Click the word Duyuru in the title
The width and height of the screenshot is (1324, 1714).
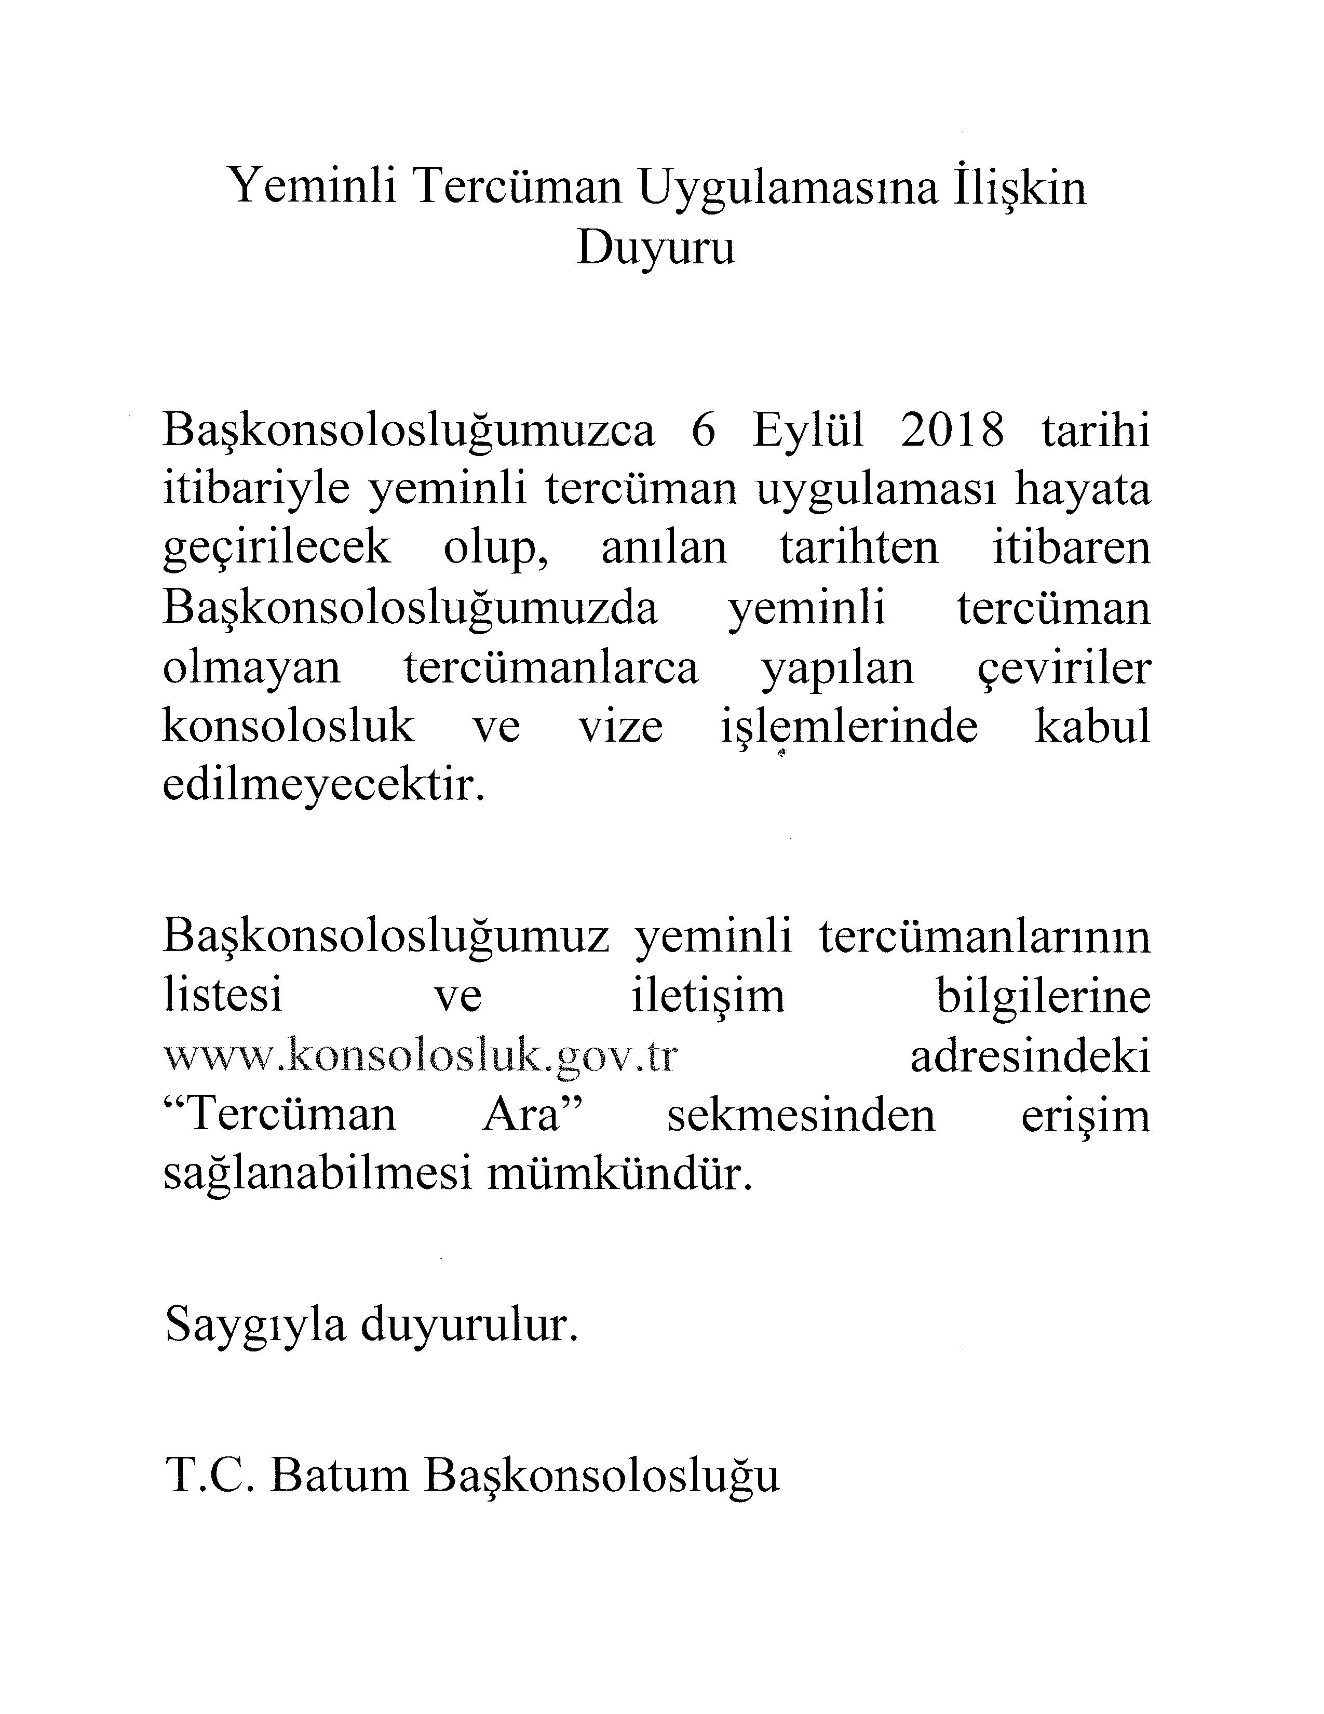coord(656,249)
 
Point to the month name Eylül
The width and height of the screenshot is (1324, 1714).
coord(808,432)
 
